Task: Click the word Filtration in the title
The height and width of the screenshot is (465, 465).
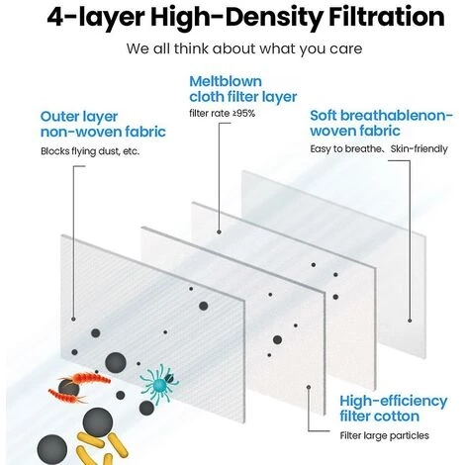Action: point(386,17)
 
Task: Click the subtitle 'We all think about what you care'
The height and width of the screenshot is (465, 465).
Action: point(244,48)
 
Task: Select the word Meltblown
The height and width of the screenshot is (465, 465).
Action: point(226,81)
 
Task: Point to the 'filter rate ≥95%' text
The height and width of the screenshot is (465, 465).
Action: point(222,114)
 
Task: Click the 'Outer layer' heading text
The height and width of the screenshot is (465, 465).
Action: point(79,118)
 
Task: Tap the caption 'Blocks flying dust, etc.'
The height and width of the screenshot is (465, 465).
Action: point(90,151)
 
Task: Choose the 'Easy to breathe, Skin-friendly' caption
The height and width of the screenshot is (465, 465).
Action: point(379,149)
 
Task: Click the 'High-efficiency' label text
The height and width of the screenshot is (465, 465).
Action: point(393,402)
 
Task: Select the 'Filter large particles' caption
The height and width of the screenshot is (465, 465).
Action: point(384,435)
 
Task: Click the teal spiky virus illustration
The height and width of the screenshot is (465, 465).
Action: point(159,383)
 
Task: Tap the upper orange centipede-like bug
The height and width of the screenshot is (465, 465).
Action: point(89,378)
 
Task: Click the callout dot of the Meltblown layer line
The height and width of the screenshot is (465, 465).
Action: point(219,232)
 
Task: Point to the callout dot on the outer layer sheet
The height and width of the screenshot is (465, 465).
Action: point(73,320)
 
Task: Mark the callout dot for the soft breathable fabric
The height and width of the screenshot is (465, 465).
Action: point(410,321)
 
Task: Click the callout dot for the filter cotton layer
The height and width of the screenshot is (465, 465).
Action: point(309,387)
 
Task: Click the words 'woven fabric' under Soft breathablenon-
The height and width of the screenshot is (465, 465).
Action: point(355,131)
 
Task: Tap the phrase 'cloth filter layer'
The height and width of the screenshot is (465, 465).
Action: point(243,97)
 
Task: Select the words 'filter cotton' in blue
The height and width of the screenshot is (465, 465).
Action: point(380,417)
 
